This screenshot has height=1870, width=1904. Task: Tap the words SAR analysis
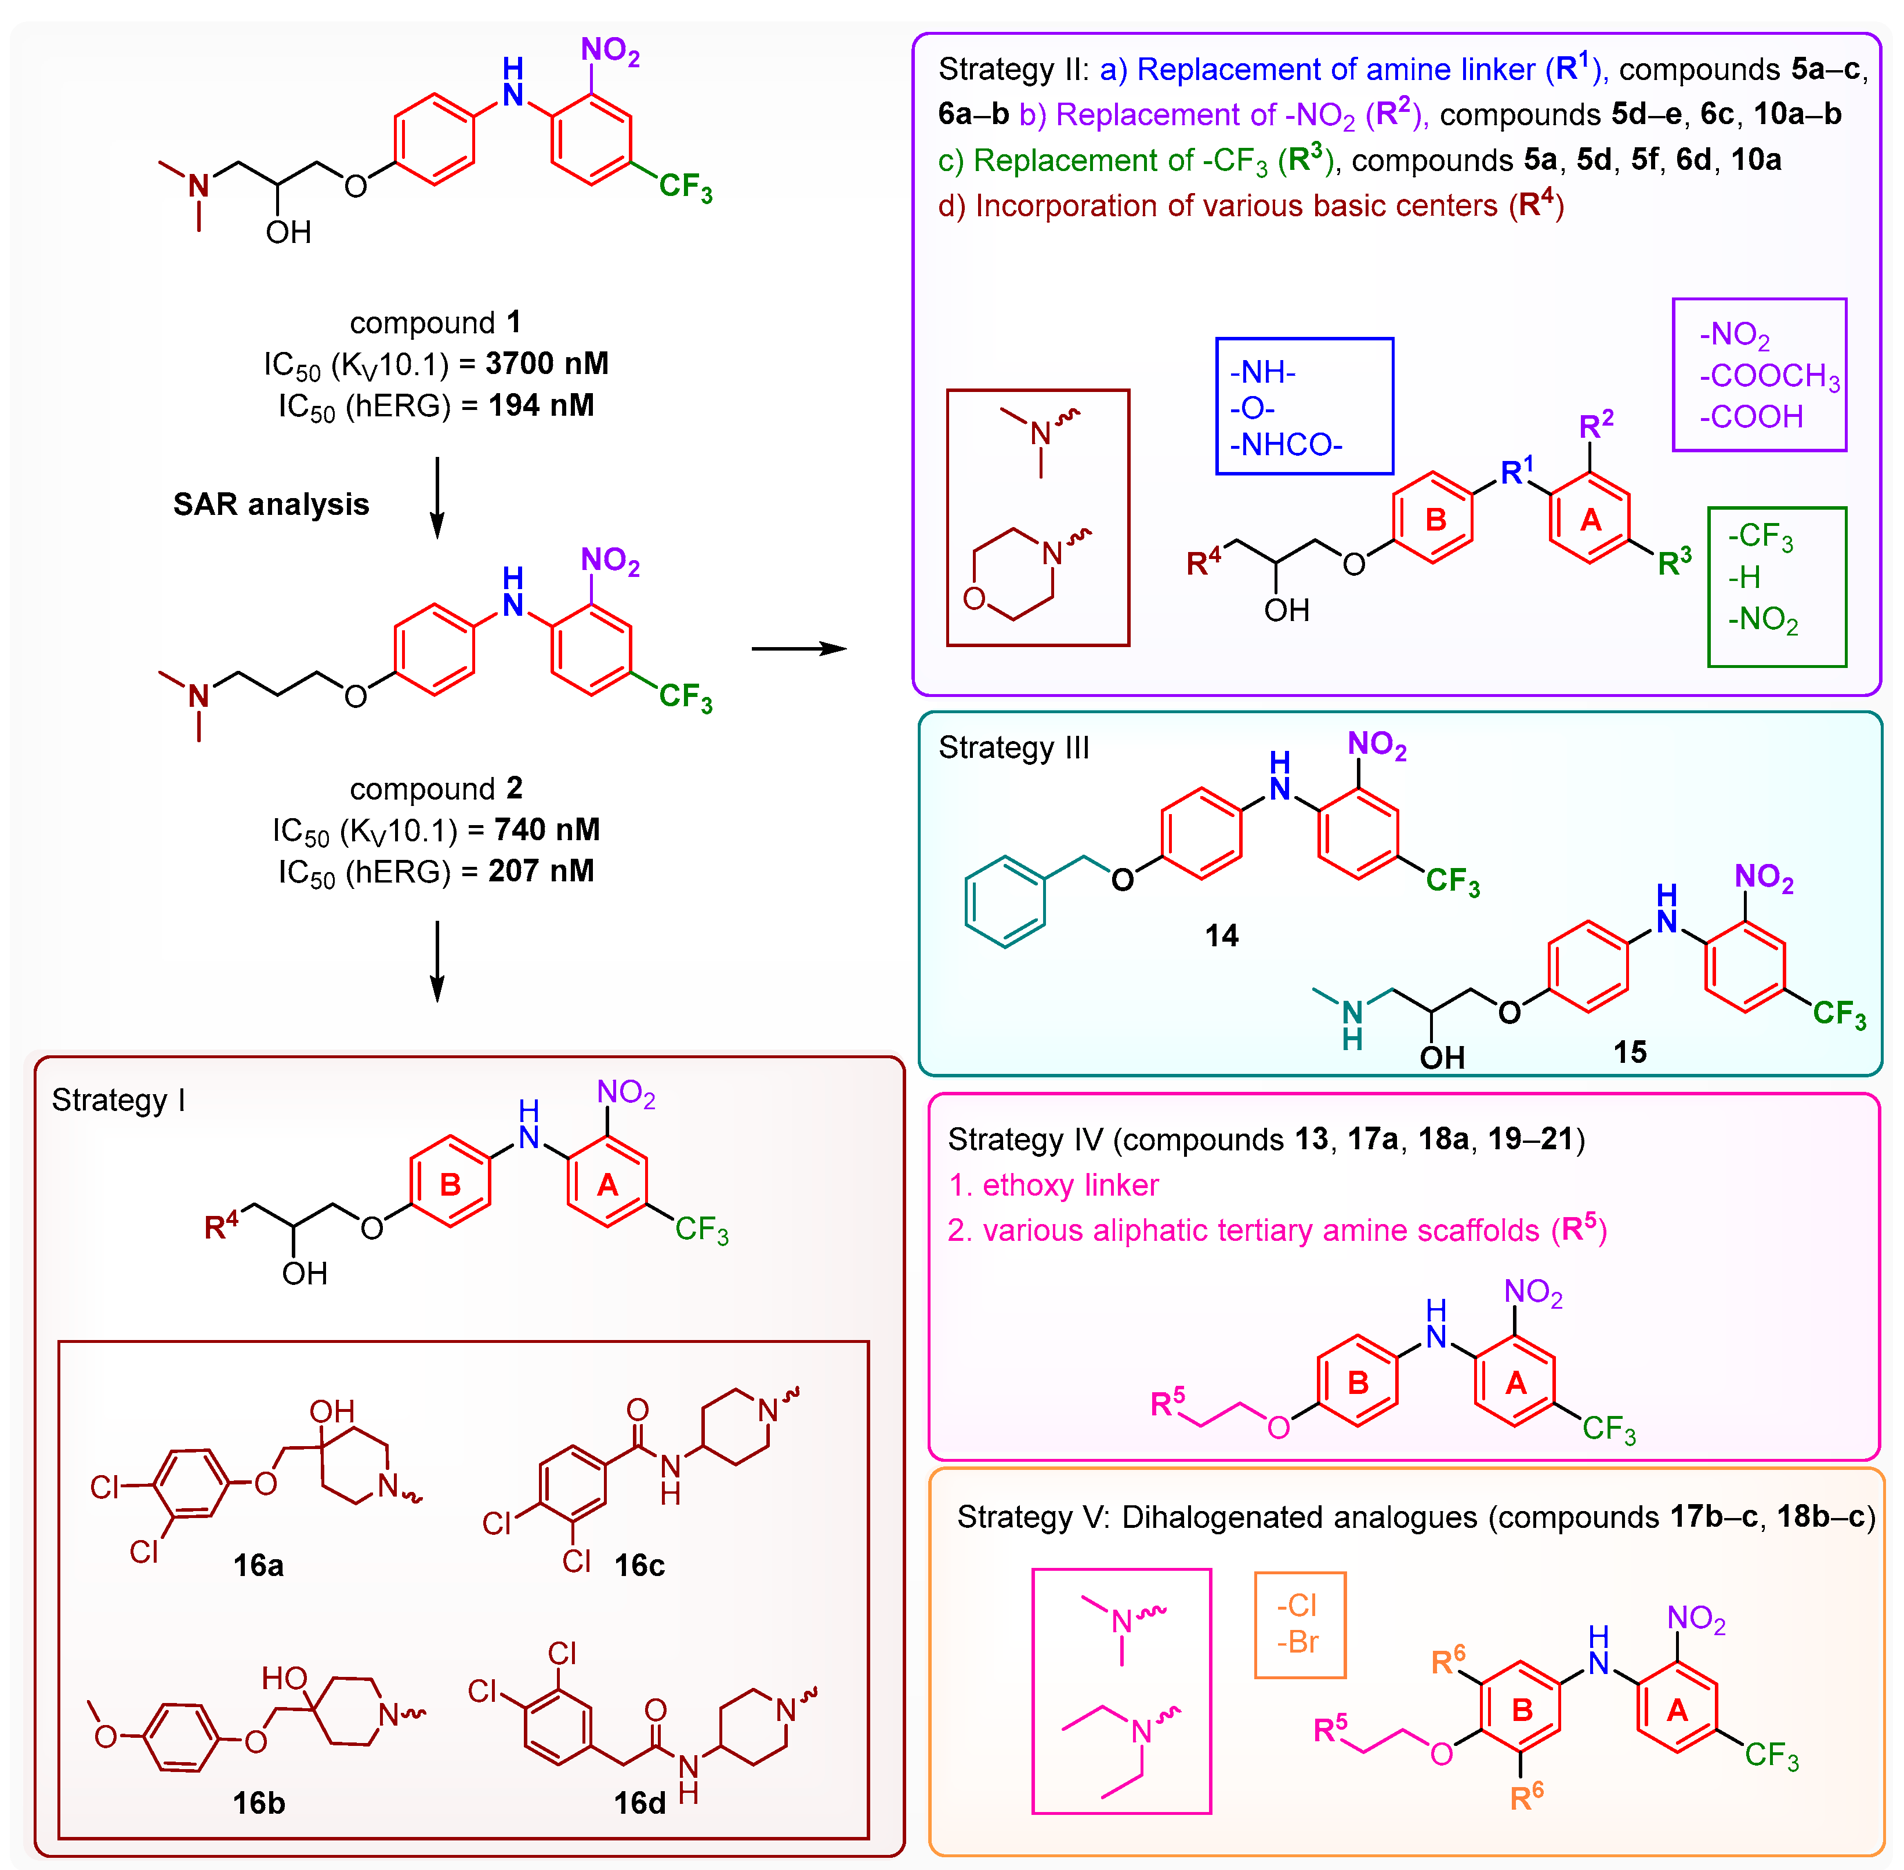click(x=271, y=504)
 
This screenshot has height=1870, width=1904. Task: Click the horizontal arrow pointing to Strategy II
click(x=798, y=648)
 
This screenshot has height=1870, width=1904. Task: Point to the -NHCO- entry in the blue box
click(x=1285, y=445)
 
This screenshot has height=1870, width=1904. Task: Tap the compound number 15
click(x=1629, y=1052)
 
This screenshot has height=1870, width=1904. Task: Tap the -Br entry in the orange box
click(x=1298, y=1642)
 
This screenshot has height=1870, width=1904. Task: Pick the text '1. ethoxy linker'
click(x=1053, y=1185)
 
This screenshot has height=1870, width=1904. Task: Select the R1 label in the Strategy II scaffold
click(x=1516, y=471)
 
